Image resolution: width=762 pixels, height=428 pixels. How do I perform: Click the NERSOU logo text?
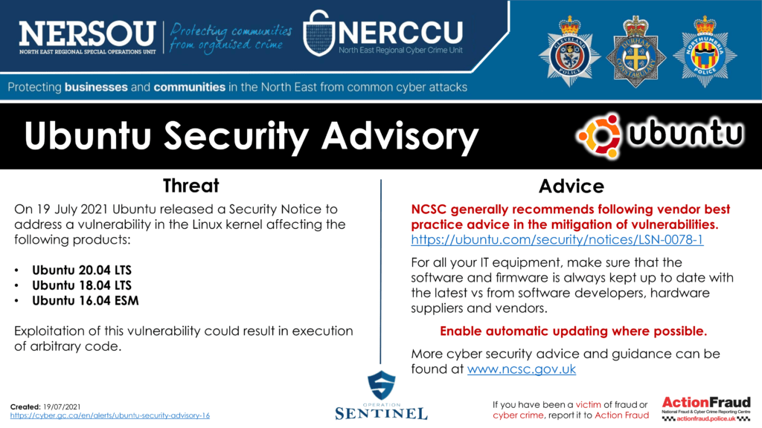[x=88, y=33]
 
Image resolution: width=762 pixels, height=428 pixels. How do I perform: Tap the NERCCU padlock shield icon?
[x=318, y=33]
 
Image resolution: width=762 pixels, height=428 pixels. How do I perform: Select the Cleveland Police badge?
[x=569, y=53]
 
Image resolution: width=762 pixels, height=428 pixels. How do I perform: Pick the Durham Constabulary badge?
[x=635, y=52]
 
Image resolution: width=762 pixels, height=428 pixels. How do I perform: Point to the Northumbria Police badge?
[x=705, y=52]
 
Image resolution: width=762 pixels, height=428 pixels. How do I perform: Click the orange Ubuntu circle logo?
[x=599, y=137]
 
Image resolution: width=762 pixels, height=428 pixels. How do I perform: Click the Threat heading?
[x=191, y=186]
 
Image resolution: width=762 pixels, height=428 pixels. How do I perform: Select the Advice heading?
[x=571, y=187]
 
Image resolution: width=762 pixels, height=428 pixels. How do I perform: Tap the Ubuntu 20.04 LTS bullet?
[x=82, y=270]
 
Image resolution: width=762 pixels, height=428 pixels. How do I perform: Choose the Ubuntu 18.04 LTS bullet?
[x=82, y=285]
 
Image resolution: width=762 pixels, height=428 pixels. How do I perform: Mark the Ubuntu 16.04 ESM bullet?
[x=86, y=301]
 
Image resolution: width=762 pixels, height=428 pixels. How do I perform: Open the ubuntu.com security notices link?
[x=557, y=240]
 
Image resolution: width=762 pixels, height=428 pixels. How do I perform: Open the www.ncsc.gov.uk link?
[x=522, y=369]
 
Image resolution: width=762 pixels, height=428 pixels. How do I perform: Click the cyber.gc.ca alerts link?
[x=110, y=415]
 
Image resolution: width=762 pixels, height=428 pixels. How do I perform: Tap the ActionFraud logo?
[x=706, y=409]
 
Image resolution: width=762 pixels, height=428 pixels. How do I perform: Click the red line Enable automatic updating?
[x=574, y=331]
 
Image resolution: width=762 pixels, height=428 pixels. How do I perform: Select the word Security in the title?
[x=237, y=136]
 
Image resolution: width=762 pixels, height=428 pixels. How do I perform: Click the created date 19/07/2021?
[x=62, y=406]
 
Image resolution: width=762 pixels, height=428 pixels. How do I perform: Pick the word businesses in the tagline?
[x=96, y=88]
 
